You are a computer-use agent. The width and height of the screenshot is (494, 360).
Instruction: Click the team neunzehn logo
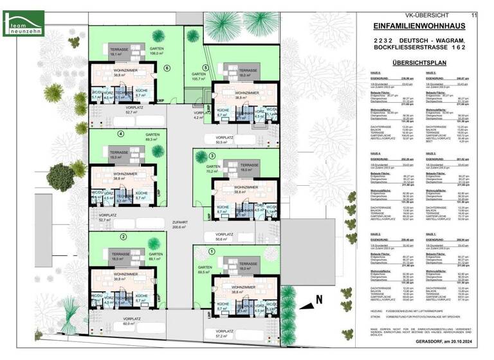(23, 23)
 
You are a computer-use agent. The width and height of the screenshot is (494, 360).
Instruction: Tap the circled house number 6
(167, 67)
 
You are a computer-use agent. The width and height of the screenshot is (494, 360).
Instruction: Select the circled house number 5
(205, 67)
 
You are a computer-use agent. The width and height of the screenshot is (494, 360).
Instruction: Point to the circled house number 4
(121, 134)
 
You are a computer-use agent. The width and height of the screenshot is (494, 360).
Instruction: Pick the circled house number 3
(212, 156)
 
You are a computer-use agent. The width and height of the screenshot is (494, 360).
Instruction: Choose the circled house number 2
(122, 237)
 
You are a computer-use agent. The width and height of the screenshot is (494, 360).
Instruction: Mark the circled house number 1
(212, 251)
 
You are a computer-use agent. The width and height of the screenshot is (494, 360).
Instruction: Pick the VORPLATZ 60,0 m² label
(133, 322)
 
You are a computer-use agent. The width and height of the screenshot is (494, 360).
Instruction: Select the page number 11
(474, 14)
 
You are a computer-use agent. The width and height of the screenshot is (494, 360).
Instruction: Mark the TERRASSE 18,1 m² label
(118, 52)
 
